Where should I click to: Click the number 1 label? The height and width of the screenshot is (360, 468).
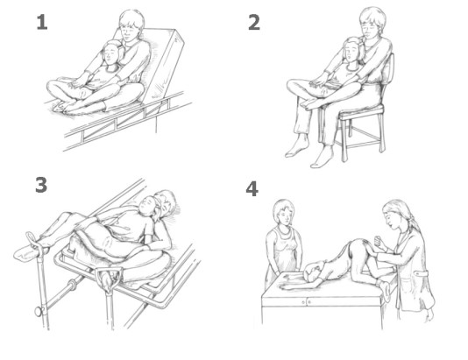pyautogui.click(x=42, y=23)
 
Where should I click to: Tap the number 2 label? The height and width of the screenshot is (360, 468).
pyautogui.click(x=254, y=23)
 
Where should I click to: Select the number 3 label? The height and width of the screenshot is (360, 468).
pyautogui.click(x=41, y=185)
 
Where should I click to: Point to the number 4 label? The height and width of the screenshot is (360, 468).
pyautogui.click(x=252, y=188)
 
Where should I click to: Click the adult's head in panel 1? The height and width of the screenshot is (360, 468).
pyautogui.click(x=131, y=25)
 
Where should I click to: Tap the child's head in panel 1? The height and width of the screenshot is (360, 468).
pyautogui.click(x=112, y=53)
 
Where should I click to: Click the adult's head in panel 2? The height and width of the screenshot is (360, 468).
pyautogui.click(x=372, y=22)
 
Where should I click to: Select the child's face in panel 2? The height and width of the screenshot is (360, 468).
pyautogui.click(x=351, y=53)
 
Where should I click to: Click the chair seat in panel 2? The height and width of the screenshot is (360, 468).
pyautogui.click(x=362, y=113)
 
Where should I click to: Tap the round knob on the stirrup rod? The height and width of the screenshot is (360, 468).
pyautogui.click(x=39, y=312)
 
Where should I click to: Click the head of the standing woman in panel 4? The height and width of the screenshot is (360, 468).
pyautogui.click(x=283, y=212)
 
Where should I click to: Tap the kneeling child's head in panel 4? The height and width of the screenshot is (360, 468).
pyautogui.click(x=315, y=271)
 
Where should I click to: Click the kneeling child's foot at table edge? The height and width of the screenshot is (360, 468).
pyautogui.click(x=385, y=290)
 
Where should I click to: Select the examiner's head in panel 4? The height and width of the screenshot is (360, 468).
pyautogui.click(x=394, y=213)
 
